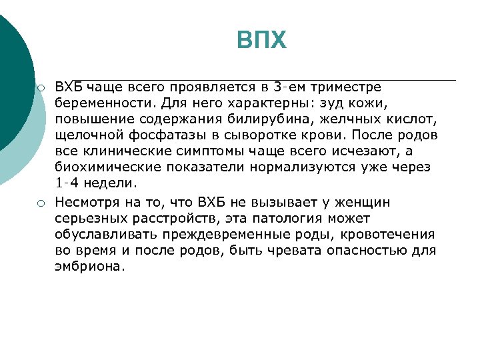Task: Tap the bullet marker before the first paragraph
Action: tap(41, 88)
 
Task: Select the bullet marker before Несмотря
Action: tap(41, 203)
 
